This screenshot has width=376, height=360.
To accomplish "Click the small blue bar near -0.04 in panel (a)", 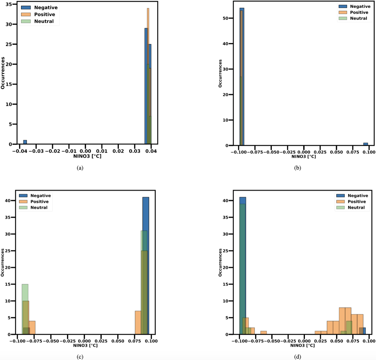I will click(x=25, y=142).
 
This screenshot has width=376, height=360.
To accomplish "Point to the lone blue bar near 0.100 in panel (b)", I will click(x=366, y=144).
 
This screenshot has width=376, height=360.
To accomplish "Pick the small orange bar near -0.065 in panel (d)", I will click(x=263, y=333).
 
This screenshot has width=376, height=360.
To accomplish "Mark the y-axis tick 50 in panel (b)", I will click(x=226, y=18).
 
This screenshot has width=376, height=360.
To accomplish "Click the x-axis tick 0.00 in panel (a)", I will click(x=85, y=151).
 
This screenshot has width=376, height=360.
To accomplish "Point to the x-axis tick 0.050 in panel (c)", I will click(x=118, y=341).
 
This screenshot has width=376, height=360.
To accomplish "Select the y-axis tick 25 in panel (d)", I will click(x=226, y=251).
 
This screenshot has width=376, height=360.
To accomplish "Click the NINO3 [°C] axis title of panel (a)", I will click(x=87, y=156).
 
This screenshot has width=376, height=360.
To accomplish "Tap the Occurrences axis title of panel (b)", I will click(x=220, y=73).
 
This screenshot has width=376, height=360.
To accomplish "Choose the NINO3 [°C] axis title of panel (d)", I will click(x=303, y=345).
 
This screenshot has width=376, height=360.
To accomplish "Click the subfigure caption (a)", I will click(x=80, y=168).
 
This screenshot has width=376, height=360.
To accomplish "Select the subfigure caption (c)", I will click(x=80, y=357).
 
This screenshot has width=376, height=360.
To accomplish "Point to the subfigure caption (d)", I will click(x=298, y=357).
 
